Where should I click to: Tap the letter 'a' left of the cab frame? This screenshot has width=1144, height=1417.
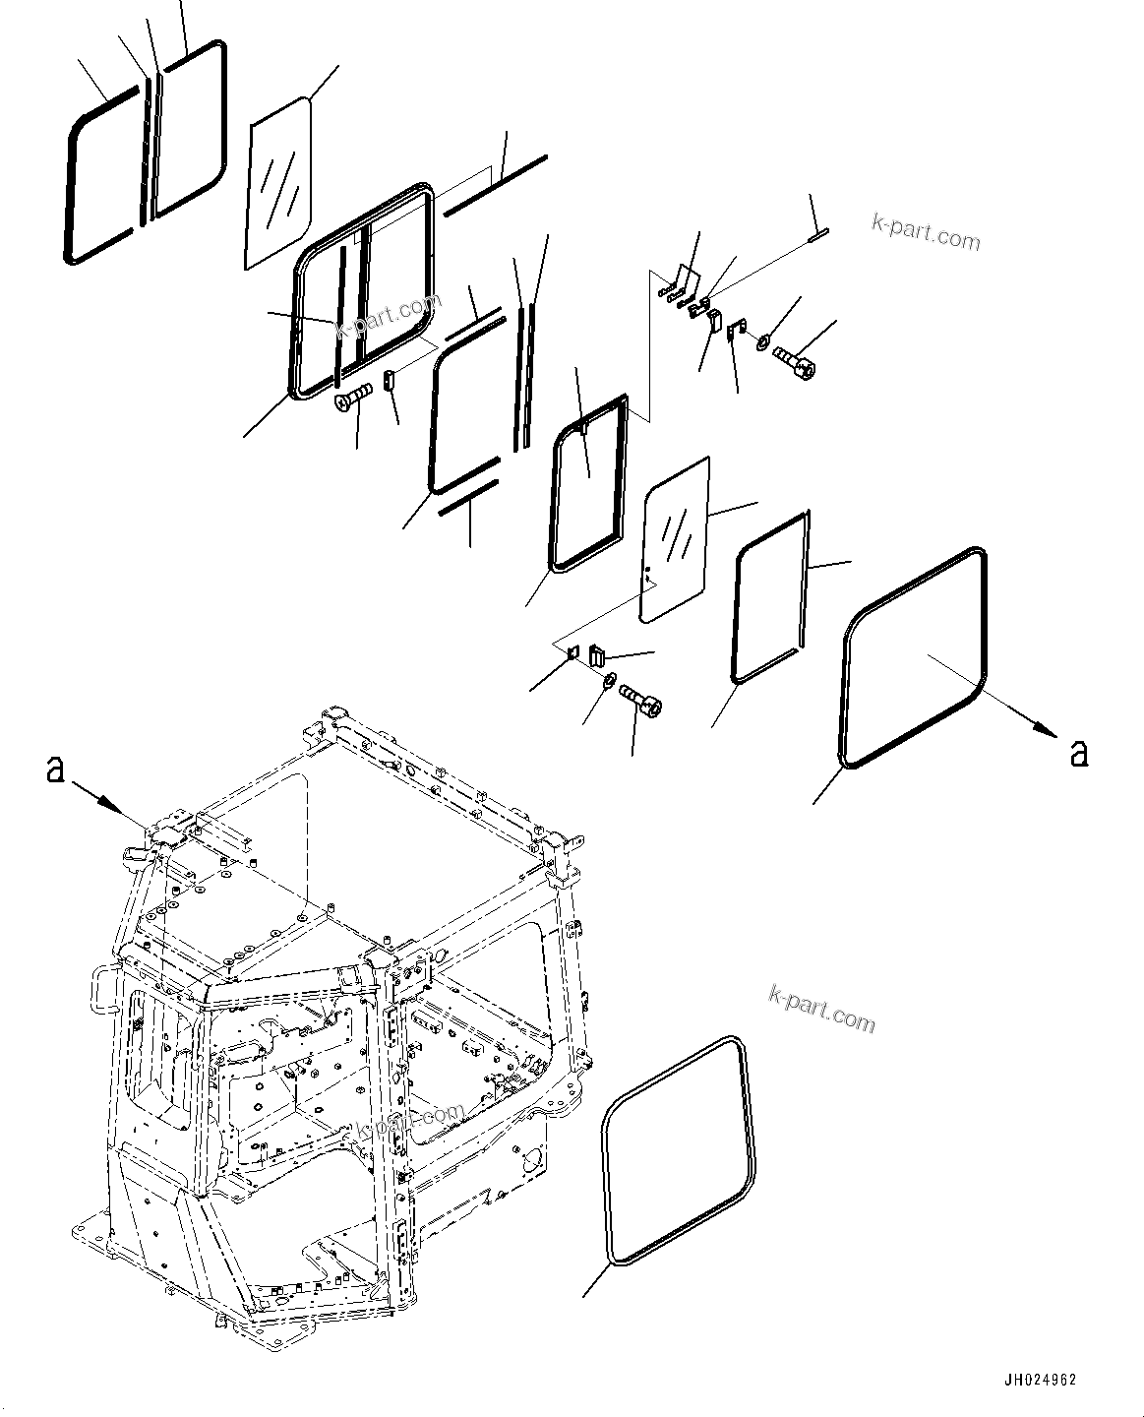[55, 770]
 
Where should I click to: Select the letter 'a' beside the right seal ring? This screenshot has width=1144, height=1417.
[1079, 753]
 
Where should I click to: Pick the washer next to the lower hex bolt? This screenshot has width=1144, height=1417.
[609, 679]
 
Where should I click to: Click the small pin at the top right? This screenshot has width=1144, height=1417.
[817, 233]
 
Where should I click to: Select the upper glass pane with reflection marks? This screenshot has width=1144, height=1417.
[278, 182]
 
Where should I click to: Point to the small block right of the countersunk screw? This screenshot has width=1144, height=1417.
[389, 379]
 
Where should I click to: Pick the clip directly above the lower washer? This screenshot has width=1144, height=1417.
[596, 654]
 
